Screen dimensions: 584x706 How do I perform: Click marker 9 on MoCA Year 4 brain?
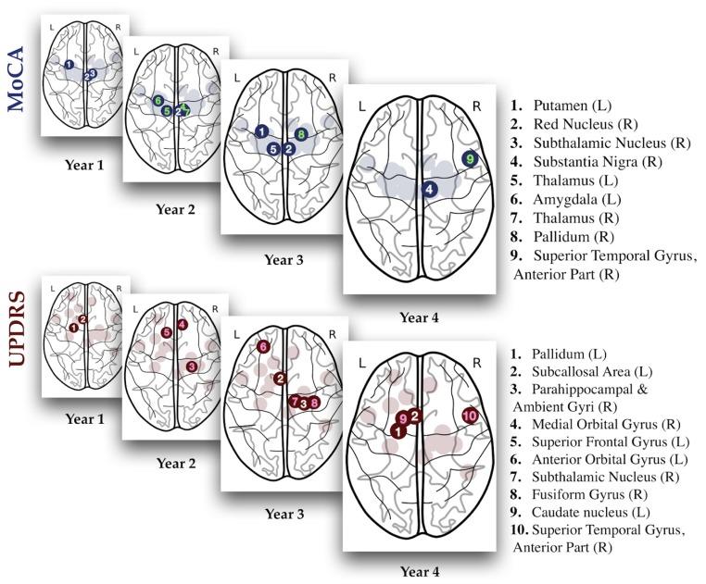coord(471,160)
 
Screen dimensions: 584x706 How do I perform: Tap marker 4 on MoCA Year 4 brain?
coord(429,188)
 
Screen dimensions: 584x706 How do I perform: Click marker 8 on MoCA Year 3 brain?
coord(300,135)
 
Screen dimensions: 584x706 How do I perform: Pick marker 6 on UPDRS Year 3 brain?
coord(263,346)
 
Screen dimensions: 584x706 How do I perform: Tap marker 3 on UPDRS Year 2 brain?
coord(191,367)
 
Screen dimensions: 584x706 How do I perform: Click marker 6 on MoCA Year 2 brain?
coord(158,100)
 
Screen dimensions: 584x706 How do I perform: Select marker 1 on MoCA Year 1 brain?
coord(69,65)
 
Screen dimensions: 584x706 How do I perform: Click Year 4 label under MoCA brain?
coord(420,317)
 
